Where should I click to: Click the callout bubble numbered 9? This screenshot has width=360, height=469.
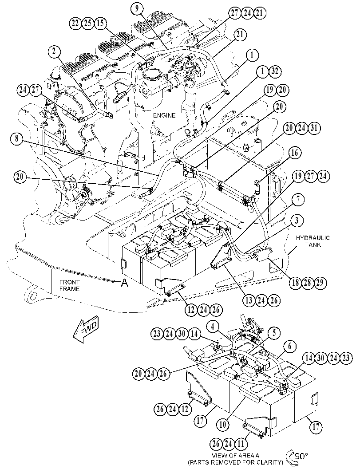click(137, 9)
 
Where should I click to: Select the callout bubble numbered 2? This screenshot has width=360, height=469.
click(54, 51)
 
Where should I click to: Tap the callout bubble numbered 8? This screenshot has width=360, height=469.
click(17, 139)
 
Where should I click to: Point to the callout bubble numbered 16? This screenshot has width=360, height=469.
click(294, 153)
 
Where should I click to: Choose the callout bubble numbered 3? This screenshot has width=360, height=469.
click(297, 221)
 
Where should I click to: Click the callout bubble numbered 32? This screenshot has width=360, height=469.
click(275, 71)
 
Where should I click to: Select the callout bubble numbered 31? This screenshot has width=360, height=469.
click(313, 128)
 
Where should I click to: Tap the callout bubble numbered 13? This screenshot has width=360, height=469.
click(249, 300)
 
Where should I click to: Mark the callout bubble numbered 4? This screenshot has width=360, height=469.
click(213, 327)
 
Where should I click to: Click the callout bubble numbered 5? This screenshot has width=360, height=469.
click(274, 332)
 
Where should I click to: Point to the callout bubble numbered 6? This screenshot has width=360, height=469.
click(290, 347)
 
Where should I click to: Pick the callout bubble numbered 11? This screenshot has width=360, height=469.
click(240, 443)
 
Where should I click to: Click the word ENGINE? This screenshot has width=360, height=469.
click(164, 115)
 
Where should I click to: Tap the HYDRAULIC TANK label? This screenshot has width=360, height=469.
click(313, 241)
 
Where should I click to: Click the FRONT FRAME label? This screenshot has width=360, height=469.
click(69, 285)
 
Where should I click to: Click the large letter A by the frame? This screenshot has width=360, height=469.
click(124, 283)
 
